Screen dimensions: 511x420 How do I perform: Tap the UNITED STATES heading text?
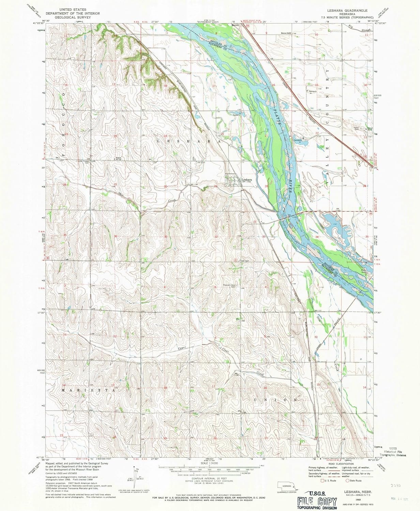(73, 10)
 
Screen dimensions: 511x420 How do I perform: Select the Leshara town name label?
(246, 180)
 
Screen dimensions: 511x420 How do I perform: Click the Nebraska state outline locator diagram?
(286, 486)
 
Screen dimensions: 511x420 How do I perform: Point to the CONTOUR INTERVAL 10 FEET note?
(209, 479)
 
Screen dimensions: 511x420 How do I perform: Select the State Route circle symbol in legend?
(347, 481)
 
